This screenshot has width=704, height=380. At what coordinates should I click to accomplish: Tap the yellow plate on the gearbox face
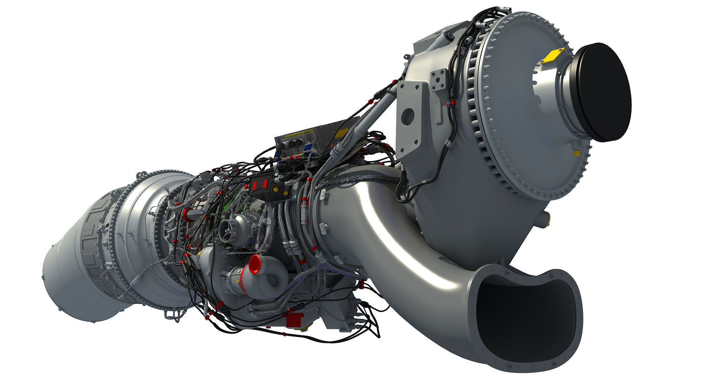click(x=553, y=56)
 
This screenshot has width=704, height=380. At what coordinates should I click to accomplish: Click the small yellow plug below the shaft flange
click(x=577, y=153)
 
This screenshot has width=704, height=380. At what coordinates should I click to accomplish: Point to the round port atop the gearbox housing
click(x=449, y=36)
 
